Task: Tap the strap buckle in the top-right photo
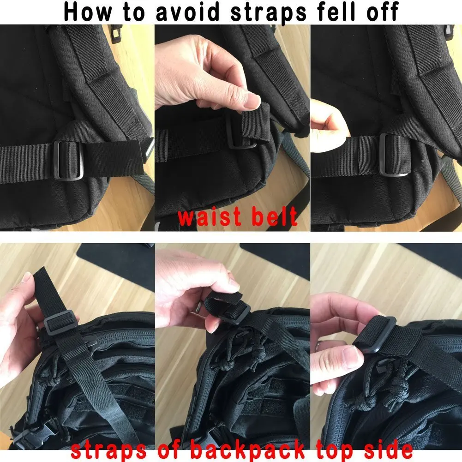tap(394, 155)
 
